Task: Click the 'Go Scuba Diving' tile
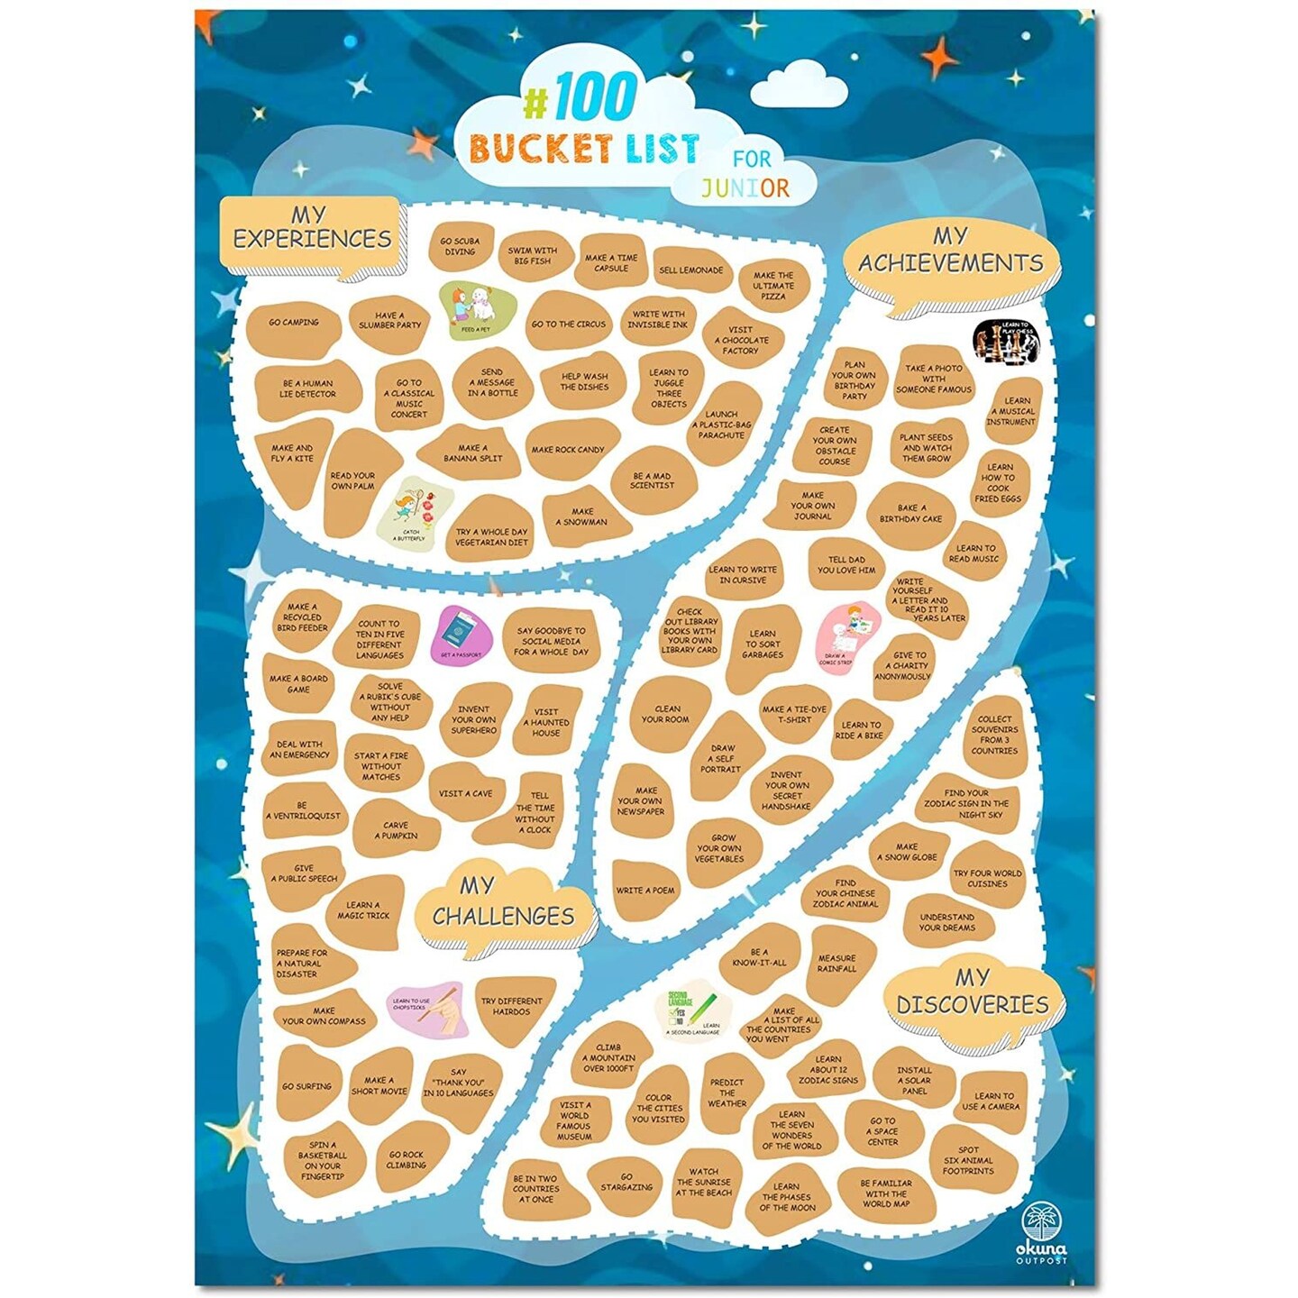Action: pyautogui.click(x=460, y=246)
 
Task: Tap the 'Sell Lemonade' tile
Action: pyautogui.click(x=691, y=270)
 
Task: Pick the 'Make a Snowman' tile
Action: pyautogui.click(x=582, y=516)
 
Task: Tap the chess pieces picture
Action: pyautogui.click(x=1006, y=340)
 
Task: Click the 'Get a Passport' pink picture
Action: pyautogui.click(x=462, y=634)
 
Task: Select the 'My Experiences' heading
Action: pyautogui.click(x=312, y=229)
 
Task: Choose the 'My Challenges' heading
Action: pyautogui.click(x=504, y=903)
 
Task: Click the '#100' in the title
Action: pyautogui.click(x=581, y=97)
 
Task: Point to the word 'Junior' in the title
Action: pyautogui.click(x=745, y=187)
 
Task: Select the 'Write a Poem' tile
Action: pyautogui.click(x=645, y=891)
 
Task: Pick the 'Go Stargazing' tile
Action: pyautogui.click(x=626, y=1183)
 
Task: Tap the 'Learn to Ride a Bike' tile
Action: pyautogui.click(x=860, y=730)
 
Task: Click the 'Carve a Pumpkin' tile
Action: pyautogui.click(x=398, y=830)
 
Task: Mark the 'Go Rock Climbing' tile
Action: pyautogui.click(x=407, y=1159)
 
